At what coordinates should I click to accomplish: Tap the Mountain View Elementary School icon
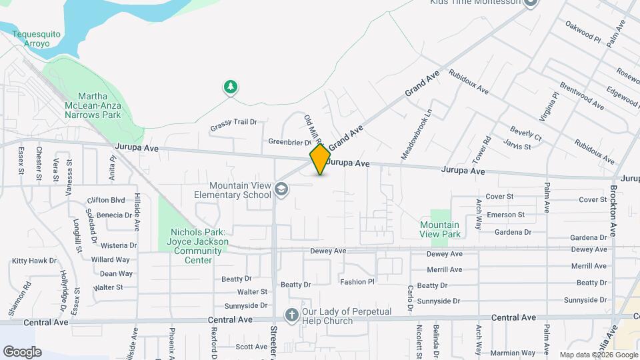[x=282, y=191]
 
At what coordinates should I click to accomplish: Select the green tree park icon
[x=231, y=87]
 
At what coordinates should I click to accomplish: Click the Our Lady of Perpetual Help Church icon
[x=291, y=315]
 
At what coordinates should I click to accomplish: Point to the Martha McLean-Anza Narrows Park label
[x=92, y=105]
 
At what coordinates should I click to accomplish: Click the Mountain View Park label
[x=440, y=229]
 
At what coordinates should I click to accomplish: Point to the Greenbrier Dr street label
[x=290, y=142]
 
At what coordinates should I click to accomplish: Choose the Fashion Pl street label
[x=357, y=281]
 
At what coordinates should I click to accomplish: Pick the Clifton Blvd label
[x=106, y=199]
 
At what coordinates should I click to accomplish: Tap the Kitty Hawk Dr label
[x=34, y=261]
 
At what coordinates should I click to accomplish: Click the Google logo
[x=22, y=351]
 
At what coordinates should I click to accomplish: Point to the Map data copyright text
[x=597, y=355]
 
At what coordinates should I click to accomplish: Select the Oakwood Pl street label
[x=583, y=31]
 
